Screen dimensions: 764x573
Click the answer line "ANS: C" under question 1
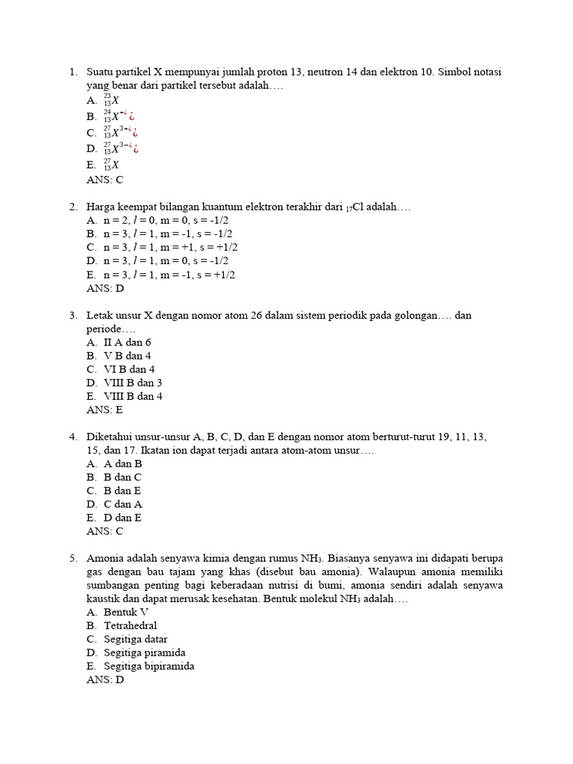pos(105,180)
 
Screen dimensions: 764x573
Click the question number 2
pos(72,207)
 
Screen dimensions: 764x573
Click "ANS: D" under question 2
pos(105,288)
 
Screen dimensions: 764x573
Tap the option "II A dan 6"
pos(128,342)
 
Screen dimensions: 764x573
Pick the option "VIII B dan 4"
pos(133,396)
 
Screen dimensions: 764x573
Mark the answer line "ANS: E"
pos(105,410)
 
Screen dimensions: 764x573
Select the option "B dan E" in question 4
pos(122,491)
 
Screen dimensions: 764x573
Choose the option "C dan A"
pos(123,504)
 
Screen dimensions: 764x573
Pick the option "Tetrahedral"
pos(131,626)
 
